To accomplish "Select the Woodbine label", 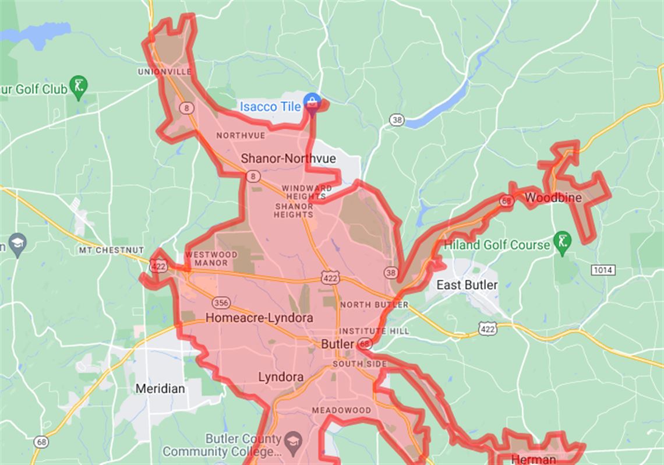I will coord(553,198).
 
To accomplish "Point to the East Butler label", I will coord(467,285).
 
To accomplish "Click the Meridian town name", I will coord(160,389).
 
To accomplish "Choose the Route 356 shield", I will coord(221,303).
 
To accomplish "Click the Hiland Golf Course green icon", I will coord(562,245).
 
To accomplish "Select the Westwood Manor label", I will coord(211,259).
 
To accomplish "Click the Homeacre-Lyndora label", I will coord(259,318).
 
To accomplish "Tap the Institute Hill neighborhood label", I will coord(375,331).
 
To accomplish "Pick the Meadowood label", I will coord(341,410).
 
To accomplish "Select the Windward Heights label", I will coord(307,192).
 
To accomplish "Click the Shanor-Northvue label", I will coord(280,158).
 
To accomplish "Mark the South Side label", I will coord(359,364).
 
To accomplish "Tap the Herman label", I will coord(533,459).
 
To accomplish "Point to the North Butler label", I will coord(374,305).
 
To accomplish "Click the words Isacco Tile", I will coord(270,107).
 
